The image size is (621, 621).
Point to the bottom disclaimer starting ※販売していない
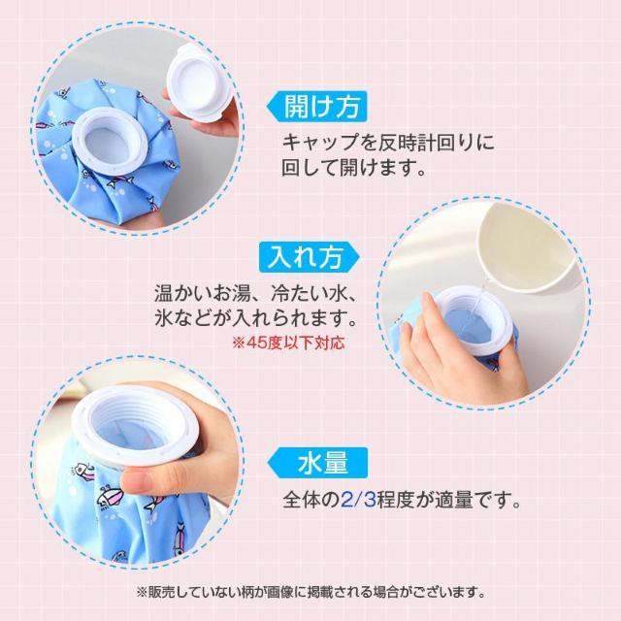tap(310, 589)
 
